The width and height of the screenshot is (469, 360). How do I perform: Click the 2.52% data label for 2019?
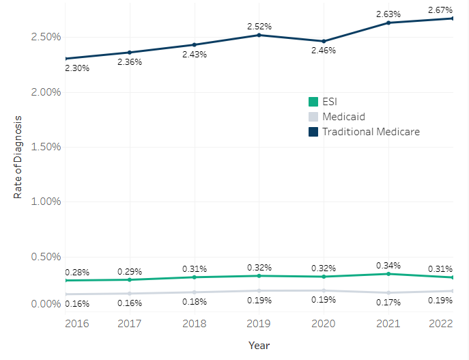(x=259, y=26)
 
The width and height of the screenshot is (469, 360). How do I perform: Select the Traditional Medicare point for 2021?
(x=388, y=23)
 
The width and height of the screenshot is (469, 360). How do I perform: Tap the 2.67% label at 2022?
(x=440, y=10)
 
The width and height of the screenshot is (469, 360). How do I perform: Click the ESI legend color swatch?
(x=313, y=102)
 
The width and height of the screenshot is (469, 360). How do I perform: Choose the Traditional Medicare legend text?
(x=371, y=132)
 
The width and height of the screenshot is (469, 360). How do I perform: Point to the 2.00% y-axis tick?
(x=34, y=92)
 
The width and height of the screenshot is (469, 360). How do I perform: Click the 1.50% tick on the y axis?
(x=34, y=147)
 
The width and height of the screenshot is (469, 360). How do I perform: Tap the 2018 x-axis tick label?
(x=195, y=324)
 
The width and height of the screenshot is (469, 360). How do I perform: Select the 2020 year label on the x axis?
(x=324, y=324)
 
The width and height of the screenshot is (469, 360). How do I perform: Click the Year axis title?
(x=259, y=346)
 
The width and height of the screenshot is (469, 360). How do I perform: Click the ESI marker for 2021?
(x=388, y=274)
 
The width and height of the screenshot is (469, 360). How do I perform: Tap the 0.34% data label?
(x=388, y=265)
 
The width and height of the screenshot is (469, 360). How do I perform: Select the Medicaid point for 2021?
(x=388, y=292)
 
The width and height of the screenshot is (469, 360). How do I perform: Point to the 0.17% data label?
(x=388, y=302)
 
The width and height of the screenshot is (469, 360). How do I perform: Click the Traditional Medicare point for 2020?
(x=324, y=41)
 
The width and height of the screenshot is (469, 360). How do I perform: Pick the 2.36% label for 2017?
(x=130, y=62)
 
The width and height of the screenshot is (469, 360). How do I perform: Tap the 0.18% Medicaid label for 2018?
(x=195, y=302)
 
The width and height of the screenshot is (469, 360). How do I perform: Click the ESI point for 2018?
(x=195, y=277)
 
